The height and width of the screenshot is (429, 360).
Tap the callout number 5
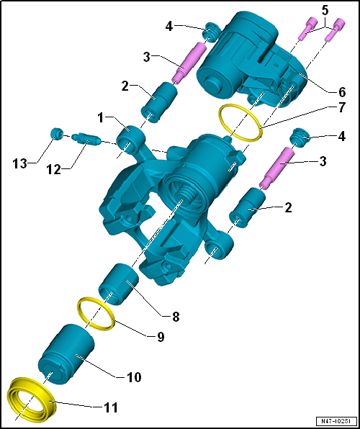(325, 10)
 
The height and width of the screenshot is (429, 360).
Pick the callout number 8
(176, 315)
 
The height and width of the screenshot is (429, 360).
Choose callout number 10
(134, 376)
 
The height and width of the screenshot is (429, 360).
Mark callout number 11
(111, 407)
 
